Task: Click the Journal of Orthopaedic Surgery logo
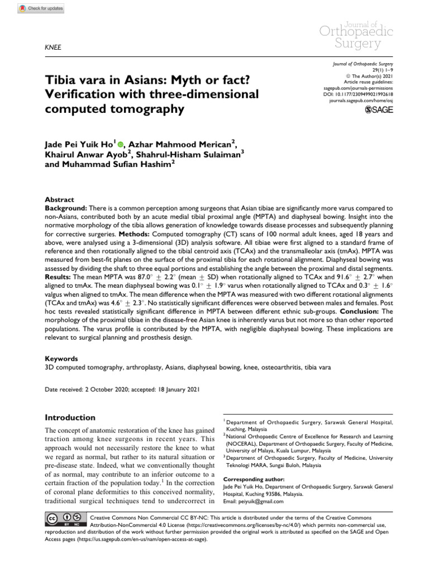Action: pyautogui.click(x=355, y=34)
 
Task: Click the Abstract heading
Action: pyautogui.click(x=59, y=199)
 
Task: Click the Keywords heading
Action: pyautogui.click(x=61, y=359)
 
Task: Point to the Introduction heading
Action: pyautogui.click(x=70, y=417)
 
